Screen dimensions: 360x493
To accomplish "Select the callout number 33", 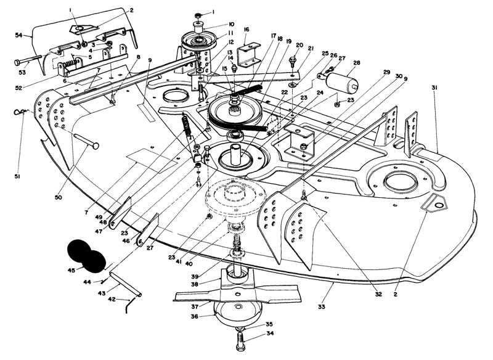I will point(322,305).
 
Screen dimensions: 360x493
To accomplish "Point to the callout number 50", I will point(58,197).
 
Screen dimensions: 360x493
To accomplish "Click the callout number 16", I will point(246,29).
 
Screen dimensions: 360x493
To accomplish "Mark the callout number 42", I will point(112,299).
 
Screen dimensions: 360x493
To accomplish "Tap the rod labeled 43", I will point(125,284).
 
